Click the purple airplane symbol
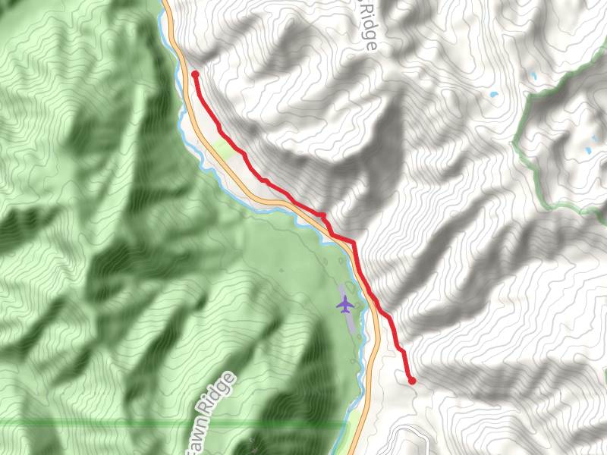[345, 305]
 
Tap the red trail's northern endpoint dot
[195, 74]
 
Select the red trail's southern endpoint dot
[412, 381]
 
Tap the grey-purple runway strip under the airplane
[348, 318]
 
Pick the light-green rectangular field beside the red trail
[223, 145]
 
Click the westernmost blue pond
[494, 95]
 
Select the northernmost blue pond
[533, 76]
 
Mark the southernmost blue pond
[587, 151]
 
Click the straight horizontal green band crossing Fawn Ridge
[114, 422]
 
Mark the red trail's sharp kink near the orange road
[325, 215]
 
